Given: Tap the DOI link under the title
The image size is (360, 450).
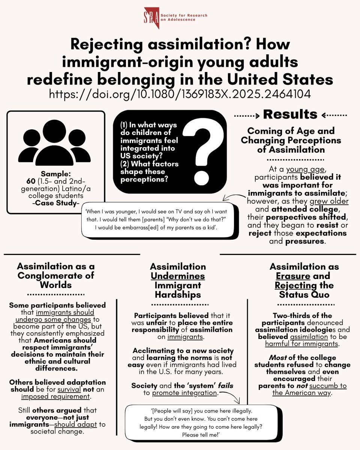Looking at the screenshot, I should (180, 93).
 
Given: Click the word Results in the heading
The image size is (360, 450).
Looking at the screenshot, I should (291, 114).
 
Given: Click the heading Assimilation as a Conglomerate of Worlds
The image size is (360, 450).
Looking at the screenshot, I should (56, 276).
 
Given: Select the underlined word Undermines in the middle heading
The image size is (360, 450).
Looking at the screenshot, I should (178, 276).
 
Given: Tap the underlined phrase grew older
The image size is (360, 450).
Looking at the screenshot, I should (331, 201).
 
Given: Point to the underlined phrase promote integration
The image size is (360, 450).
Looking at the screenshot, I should (184, 393).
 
